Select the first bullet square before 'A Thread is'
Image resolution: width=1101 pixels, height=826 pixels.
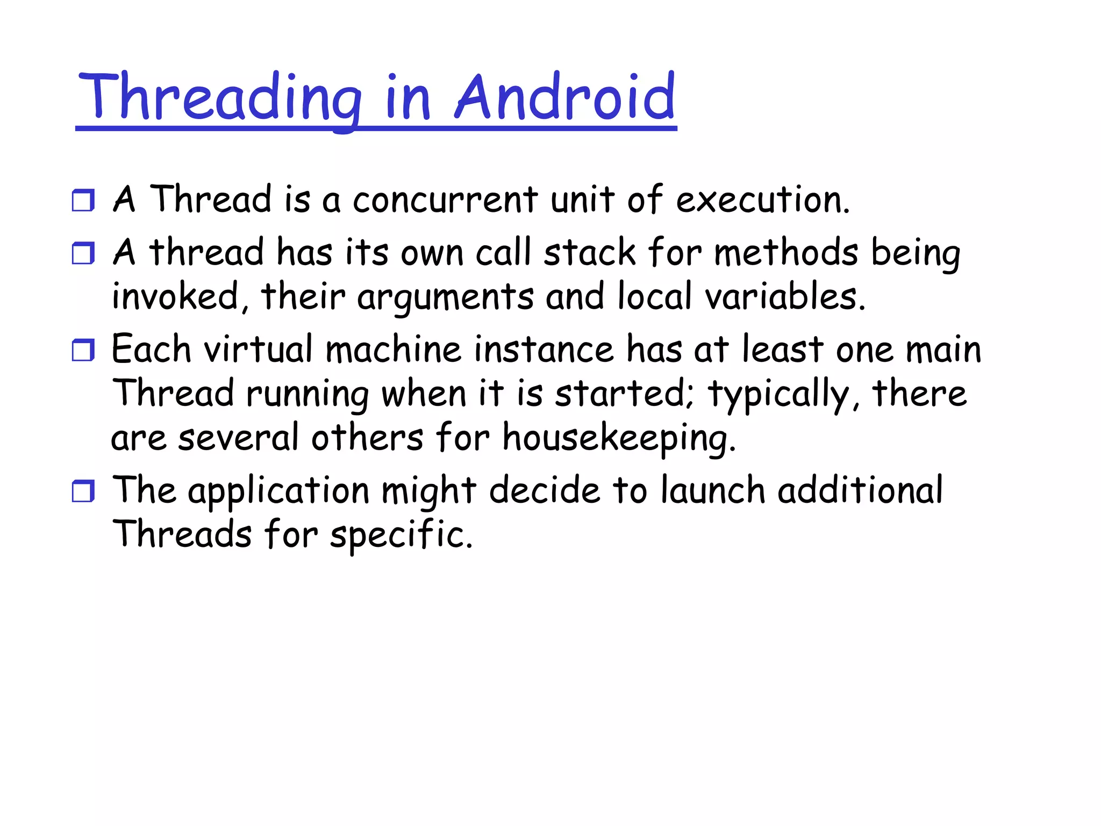tap(83, 200)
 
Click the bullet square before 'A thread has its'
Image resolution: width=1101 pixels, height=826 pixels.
tap(83, 253)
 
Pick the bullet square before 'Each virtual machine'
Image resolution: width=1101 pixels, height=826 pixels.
tap(83, 350)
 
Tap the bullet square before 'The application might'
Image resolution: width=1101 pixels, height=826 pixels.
tap(83, 491)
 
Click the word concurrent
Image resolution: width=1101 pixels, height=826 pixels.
tap(445, 200)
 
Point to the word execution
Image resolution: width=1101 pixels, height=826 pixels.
tap(762, 200)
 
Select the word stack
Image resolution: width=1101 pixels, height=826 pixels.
tap(590, 253)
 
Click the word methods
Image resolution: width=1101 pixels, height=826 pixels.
tap(786, 253)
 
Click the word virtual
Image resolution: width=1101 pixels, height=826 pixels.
tap(258, 350)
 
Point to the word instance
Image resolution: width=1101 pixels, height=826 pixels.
tap(544, 350)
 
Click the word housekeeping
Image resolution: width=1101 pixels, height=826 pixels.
tap(618, 438)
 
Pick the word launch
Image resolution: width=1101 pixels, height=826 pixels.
tap(712, 491)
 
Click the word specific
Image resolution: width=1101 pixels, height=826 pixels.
tap(401, 535)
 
